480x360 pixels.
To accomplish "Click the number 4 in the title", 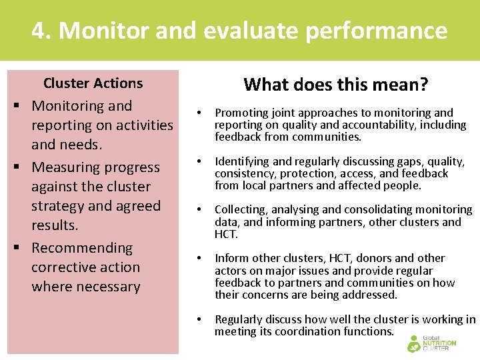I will pyautogui.click(x=39, y=31).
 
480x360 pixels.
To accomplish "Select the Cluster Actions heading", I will pyautogui.click(x=93, y=83).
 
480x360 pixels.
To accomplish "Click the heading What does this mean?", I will pyautogui.click(x=336, y=85).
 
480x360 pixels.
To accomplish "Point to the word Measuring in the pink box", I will pyautogui.click(x=63, y=167).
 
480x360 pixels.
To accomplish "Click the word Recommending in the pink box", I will pyautogui.click(x=82, y=248).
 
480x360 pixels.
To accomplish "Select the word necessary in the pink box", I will pyautogui.click(x=107, y=287).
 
